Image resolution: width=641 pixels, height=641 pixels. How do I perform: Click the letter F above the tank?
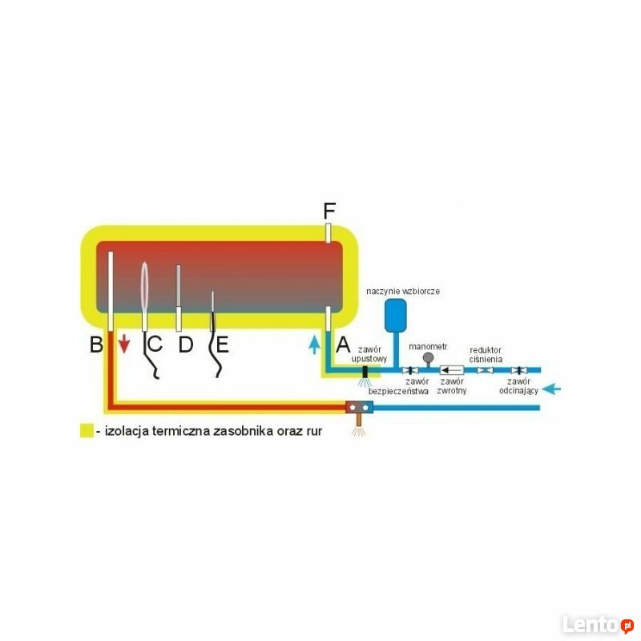[329, 211]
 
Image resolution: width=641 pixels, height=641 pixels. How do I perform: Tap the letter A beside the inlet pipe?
[343, 345]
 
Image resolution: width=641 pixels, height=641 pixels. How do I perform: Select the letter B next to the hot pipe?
[96, 345]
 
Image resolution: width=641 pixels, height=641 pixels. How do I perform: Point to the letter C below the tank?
[155, 344]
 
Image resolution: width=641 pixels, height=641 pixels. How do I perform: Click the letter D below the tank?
[186, 345]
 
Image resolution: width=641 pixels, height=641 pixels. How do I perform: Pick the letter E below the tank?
[223, 345]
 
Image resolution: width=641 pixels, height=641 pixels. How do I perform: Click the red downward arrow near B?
[124, 345]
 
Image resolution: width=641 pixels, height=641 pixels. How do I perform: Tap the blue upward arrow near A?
[314, 345]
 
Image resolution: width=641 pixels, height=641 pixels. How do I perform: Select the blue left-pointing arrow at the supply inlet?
[551, 389]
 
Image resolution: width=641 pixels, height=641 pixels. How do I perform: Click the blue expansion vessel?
[395, 315]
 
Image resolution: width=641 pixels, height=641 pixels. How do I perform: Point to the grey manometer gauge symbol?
[428, 358]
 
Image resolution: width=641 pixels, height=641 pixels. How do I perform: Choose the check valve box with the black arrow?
[452, 370]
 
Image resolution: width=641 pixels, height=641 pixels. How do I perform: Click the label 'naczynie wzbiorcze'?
[403, 291]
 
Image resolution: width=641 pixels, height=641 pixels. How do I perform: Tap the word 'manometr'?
[428, 347]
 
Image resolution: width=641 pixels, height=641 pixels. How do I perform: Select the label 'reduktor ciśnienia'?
[486, 355]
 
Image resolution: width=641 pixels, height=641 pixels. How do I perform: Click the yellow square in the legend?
[87, 430]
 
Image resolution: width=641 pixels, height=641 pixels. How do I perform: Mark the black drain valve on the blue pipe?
[365, 372]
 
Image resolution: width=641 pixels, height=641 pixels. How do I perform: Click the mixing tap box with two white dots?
[359, 407]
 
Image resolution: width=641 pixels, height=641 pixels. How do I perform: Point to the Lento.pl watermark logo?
[598, 624]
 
